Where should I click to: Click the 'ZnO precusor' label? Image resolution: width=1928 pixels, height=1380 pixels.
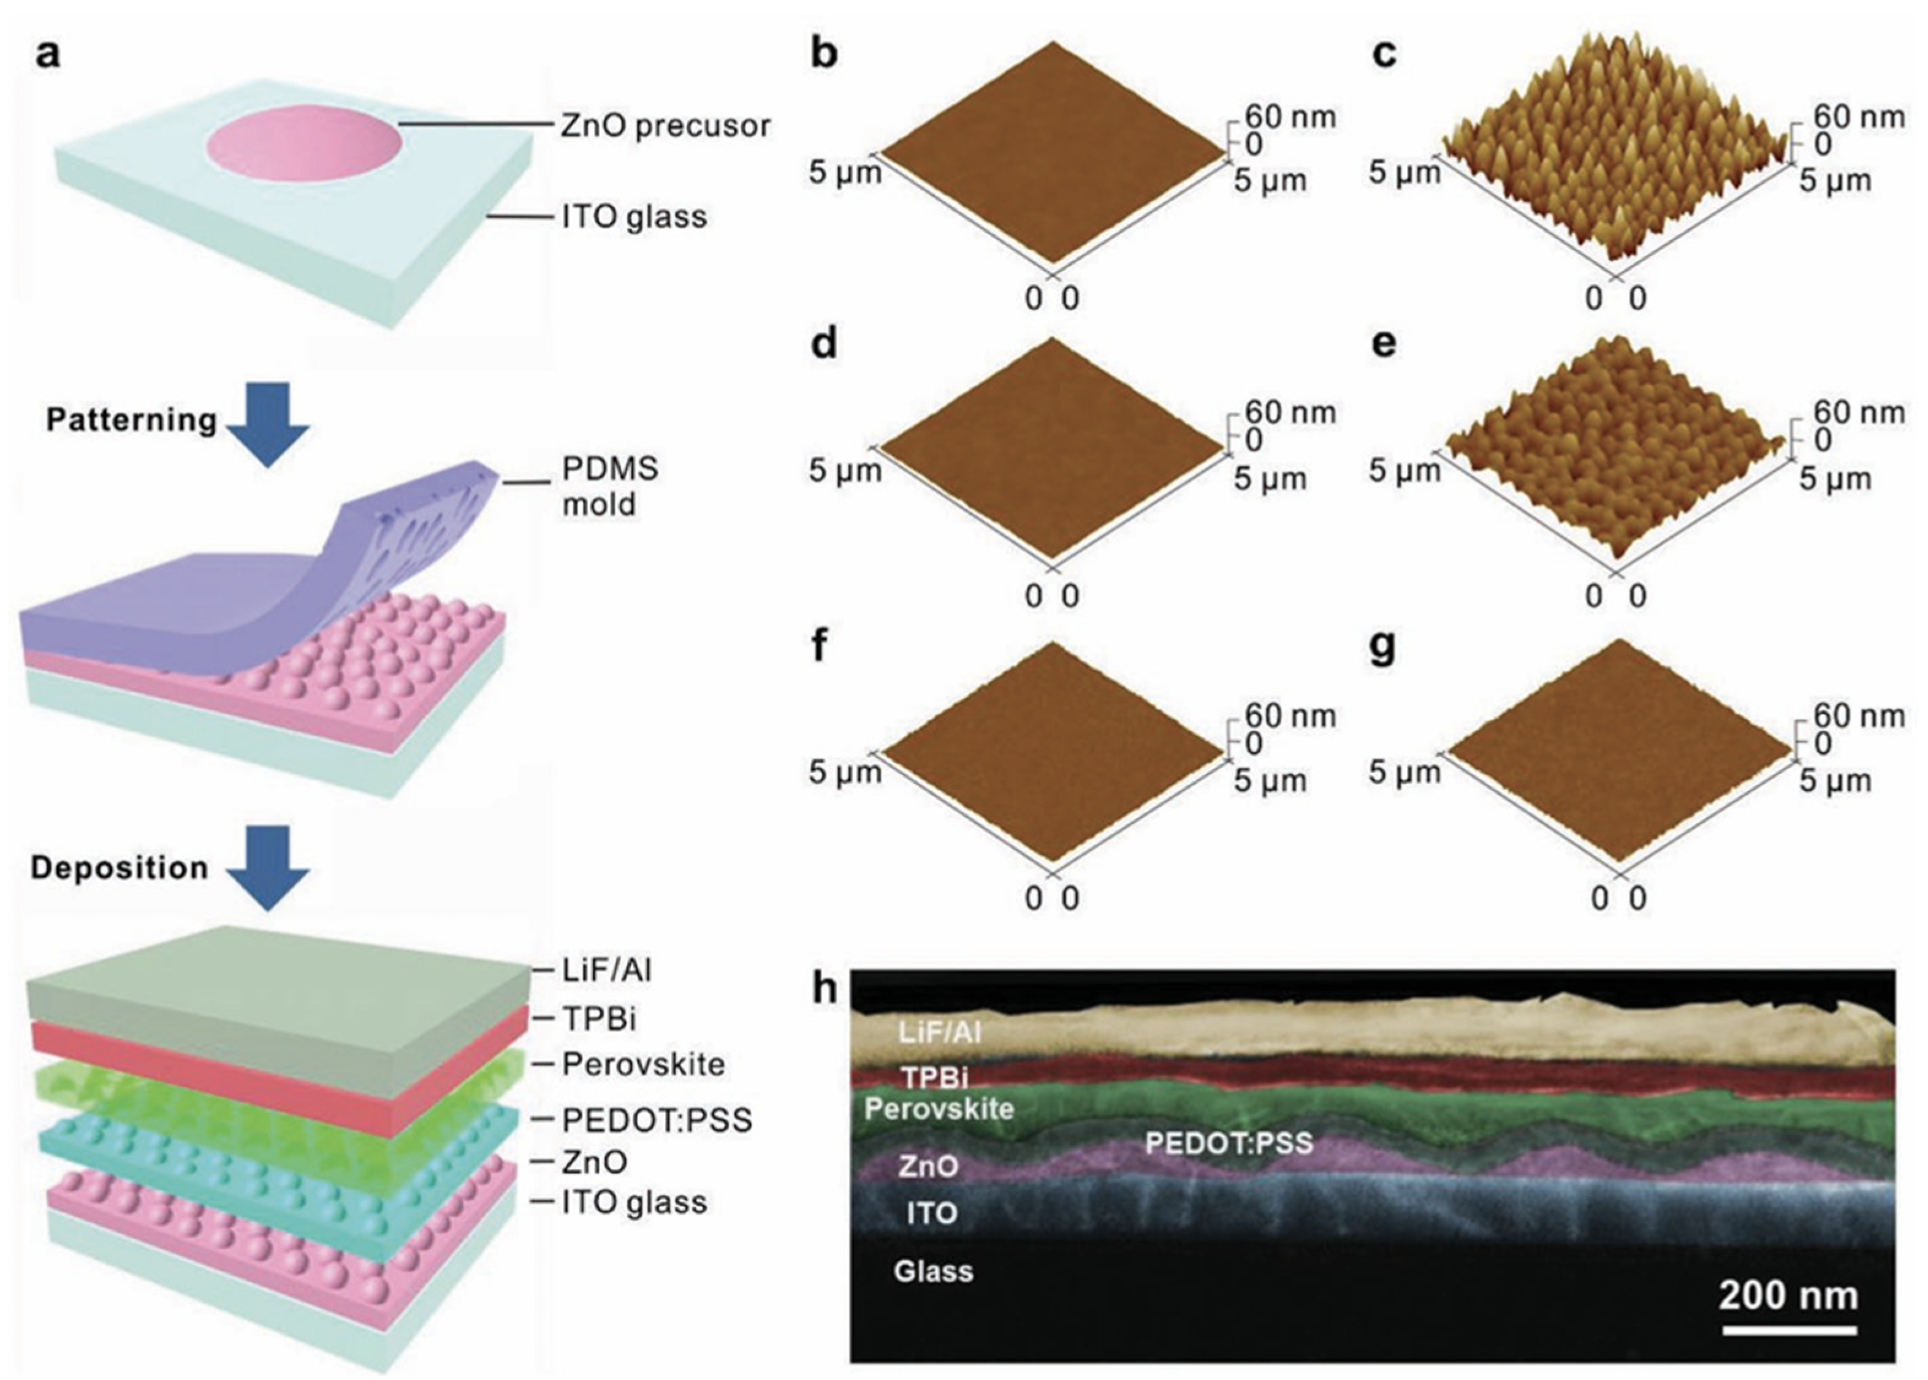(x=665, y=126)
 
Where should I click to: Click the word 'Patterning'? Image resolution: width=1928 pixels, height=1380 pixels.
(x=132, y=420)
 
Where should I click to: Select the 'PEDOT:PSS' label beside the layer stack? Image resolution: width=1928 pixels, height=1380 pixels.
(x=657, y=1120)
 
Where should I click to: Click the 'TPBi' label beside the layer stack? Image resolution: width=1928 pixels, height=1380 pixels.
(x=598, y=1017)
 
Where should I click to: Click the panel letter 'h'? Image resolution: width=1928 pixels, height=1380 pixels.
(x=824, y=988)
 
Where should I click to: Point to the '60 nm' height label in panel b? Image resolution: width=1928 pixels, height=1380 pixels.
(x=1290, y=116)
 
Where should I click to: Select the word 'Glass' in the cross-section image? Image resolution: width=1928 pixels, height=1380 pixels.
(x=932, y=1272)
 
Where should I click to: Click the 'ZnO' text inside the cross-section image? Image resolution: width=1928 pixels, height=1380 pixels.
(x=928, y=1167)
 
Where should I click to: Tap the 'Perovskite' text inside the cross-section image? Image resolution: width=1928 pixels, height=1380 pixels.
(x=939, y=1109)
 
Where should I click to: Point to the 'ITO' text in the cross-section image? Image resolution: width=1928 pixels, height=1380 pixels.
(x=932, y=1213)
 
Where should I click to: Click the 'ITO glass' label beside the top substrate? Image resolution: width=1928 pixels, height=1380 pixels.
(x=633, y=218)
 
